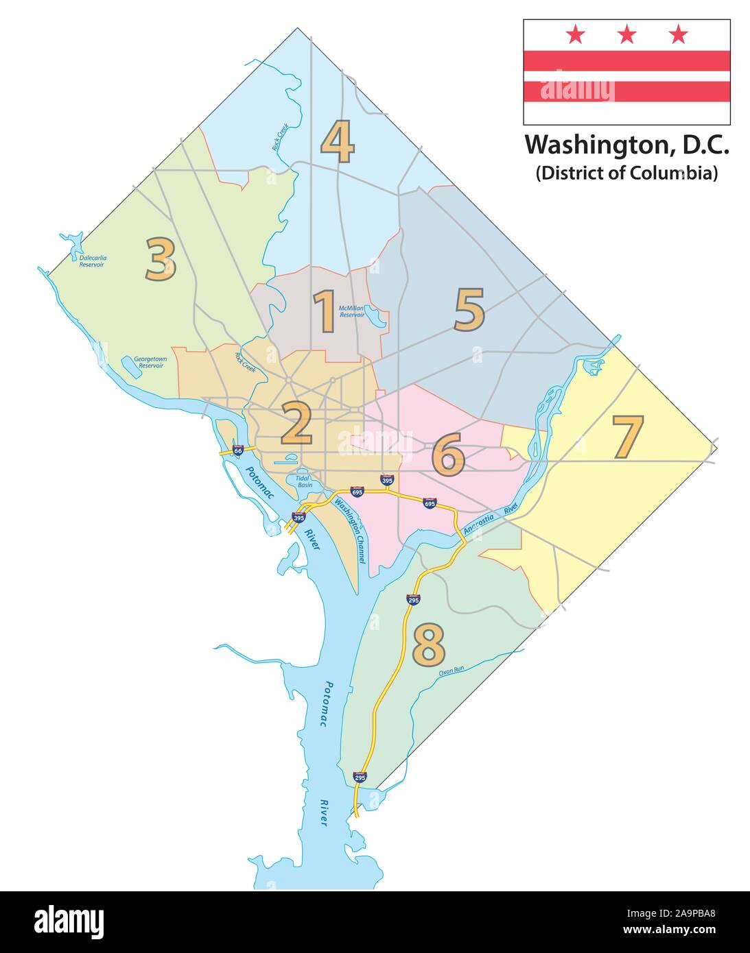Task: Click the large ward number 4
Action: pyautogui.click(x=337, y=141)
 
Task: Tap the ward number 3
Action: pyautogui.click(x=161, y=259)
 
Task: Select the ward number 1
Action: pyautogui.click(x=324, y=311)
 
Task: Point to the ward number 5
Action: pyautogui.click(x=469, y=309)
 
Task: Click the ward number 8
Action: pyautogui.click(x=429, y=644)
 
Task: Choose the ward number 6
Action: pyautogui.click(x=447, y=455)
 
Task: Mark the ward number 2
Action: pyautogui.click(x=296, y=423)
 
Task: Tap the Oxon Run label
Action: pyautogui.click(x=452, y=671)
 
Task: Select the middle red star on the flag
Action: pyautogui.click(x=626, y=34)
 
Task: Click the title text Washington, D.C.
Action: pyautogui.click(x=626, y=145)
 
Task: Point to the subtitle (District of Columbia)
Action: pyautogui.click(x=626, y=173)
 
